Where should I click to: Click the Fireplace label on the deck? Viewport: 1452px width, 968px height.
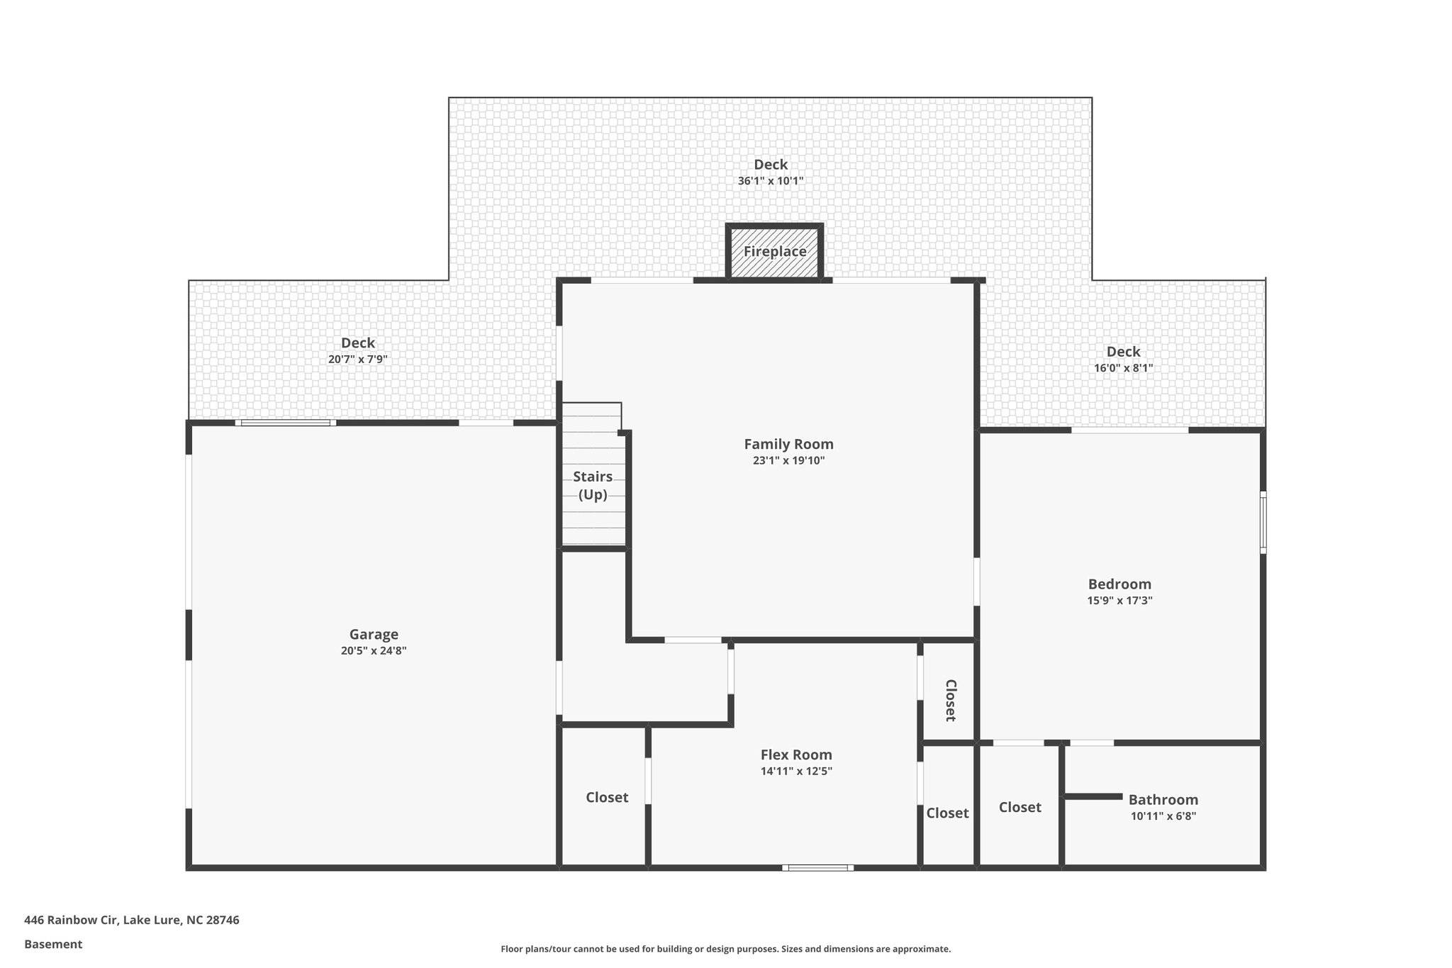coord(774,252)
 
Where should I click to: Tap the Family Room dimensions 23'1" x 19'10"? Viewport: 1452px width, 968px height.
coord(788,461)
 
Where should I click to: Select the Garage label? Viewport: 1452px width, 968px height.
coord(374,635)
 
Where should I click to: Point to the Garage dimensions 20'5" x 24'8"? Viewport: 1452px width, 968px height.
coord(374,651)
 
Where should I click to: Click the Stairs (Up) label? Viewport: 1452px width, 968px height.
coord(593,486)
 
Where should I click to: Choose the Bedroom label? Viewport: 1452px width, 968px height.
coord(1119,584)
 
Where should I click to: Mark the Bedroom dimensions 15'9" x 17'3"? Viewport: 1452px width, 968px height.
coord(1119,601)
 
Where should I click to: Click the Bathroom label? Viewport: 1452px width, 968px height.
coord(1163,800)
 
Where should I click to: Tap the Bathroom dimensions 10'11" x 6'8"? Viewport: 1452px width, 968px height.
coord(1163,816)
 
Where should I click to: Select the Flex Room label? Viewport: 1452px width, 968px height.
coord(796,755)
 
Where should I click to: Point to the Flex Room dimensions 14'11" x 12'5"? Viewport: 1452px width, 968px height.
coord(796,772)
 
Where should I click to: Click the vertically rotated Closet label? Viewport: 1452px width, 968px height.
coord(951,700)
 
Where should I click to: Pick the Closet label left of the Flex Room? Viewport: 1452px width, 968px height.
coord(607,798)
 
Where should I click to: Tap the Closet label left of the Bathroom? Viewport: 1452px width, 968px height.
coord(1020,808)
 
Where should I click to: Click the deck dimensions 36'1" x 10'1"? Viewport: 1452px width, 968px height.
coord(771,182)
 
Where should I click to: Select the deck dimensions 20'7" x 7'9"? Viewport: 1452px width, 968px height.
coord(357,360)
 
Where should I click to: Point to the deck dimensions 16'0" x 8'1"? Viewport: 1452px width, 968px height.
coord(1123,368)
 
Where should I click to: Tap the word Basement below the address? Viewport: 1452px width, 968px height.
coord(53,945)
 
